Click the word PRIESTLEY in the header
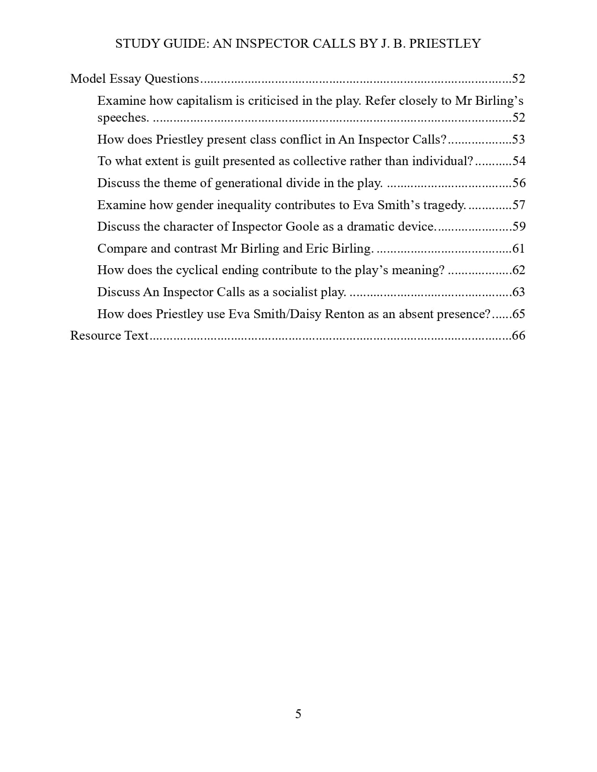(445, 44)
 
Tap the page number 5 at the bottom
(298, 714)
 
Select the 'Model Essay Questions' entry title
(134, 79)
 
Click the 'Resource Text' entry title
(109, 335)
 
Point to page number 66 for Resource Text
(519, 335)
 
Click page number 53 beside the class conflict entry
(519, 139)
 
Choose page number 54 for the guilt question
(519, 161)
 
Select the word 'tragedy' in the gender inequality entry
(443, 205)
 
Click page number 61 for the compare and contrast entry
(519, 248)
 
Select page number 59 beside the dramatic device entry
(519, 226)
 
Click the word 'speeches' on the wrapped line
(122, 117)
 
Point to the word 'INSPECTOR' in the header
(268, 44)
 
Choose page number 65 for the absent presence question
(519, 313)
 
